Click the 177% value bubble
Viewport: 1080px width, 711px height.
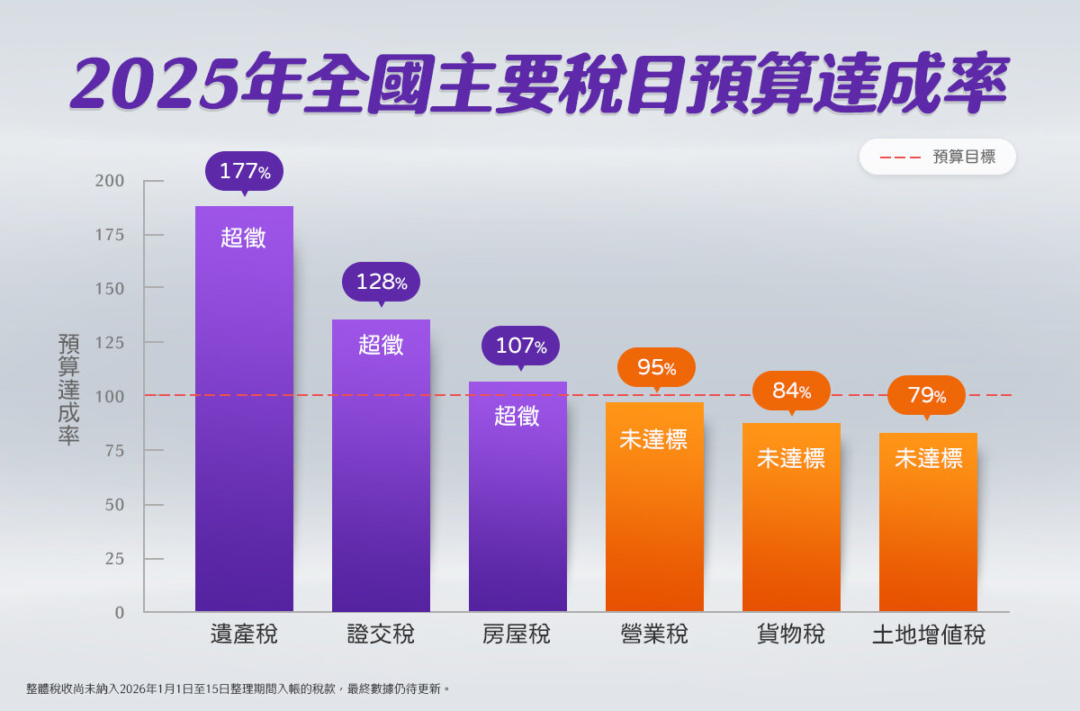(244, 171)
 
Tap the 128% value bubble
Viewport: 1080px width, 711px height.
(381, 282)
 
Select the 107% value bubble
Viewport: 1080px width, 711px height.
(520, 346)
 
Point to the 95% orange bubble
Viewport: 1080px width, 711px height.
(656, 367)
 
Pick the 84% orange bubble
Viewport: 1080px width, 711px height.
(791, 391)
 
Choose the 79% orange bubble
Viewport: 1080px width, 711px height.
(926, 395)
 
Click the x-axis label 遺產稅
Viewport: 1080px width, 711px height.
(244, 634)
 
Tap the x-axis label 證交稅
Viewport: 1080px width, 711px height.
(381, 634)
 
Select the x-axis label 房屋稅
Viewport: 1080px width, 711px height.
(517, 634)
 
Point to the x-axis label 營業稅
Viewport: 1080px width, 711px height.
(654, 634)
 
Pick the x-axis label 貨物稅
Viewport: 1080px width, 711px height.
(791, 634)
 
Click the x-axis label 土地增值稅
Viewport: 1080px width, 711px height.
(928, 635)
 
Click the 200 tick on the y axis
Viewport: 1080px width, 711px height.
(110, 181)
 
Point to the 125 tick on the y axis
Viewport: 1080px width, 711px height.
(110, 343)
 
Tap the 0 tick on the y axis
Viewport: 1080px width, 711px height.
(119, 613)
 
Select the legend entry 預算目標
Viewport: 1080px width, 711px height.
(963, 157)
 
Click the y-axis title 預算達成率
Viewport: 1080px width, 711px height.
(69, 389)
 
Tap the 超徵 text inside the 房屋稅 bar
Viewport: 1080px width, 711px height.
(517, 416)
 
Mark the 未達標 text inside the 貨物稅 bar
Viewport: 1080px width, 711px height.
(791, 458)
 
